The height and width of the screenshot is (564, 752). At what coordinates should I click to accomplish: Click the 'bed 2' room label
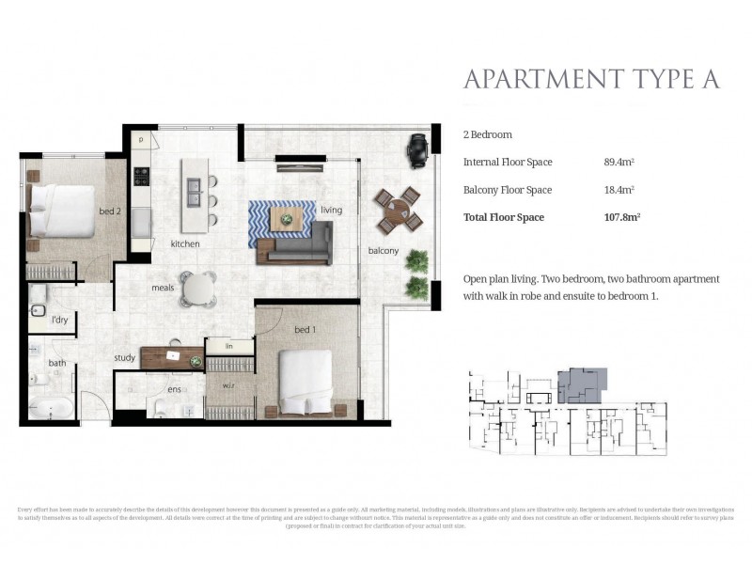[x=111, y=211]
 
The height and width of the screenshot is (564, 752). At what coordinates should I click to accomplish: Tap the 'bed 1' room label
[x=305, y=331]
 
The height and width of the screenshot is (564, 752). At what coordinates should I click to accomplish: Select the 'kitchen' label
[x=185, y=244]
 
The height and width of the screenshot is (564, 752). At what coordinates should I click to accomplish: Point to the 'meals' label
[x=164, y=289]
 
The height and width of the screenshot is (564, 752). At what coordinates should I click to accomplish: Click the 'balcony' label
[x=384, y=251]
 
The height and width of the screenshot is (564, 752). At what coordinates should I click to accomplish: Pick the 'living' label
[x=331, y=210]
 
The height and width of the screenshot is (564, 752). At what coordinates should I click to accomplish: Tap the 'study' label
[x=125, y=357]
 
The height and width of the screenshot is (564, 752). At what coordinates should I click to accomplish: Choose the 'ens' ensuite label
[x=174, y=389]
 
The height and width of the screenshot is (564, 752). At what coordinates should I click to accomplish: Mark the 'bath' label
[x=57, y=363]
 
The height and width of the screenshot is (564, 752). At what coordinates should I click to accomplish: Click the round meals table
[x=198, y=289]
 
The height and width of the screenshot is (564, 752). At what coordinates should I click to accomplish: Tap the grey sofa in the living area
[x=299, y=249]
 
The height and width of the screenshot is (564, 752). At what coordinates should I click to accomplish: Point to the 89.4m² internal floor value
[x=619, y=163]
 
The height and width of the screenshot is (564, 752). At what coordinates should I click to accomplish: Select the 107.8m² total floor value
[x=622, y=218]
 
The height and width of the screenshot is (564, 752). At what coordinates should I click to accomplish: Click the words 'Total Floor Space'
[x=504, y=218]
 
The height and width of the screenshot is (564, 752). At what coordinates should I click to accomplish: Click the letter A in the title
[x=709, y=79]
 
